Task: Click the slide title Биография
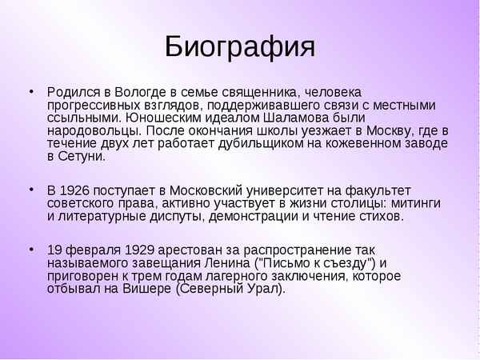tap(240, 47)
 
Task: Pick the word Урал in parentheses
tap(262, 289)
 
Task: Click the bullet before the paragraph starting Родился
tap(31, 90)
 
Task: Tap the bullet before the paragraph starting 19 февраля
tap(31, 250)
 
